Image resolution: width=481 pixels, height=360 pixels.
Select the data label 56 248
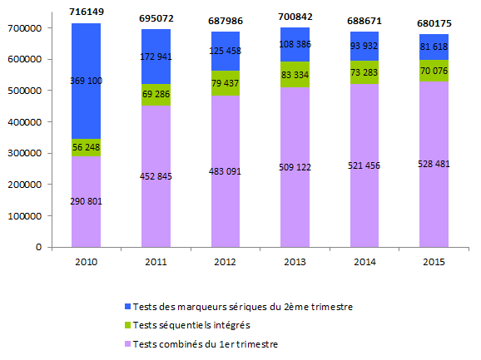pyautogui.click(x=87, y=146)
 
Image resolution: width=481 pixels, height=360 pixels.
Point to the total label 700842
pyautogui.click(x=296, y=16)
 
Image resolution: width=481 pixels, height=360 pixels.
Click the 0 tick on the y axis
pyautogui.click(x=39, y=247)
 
